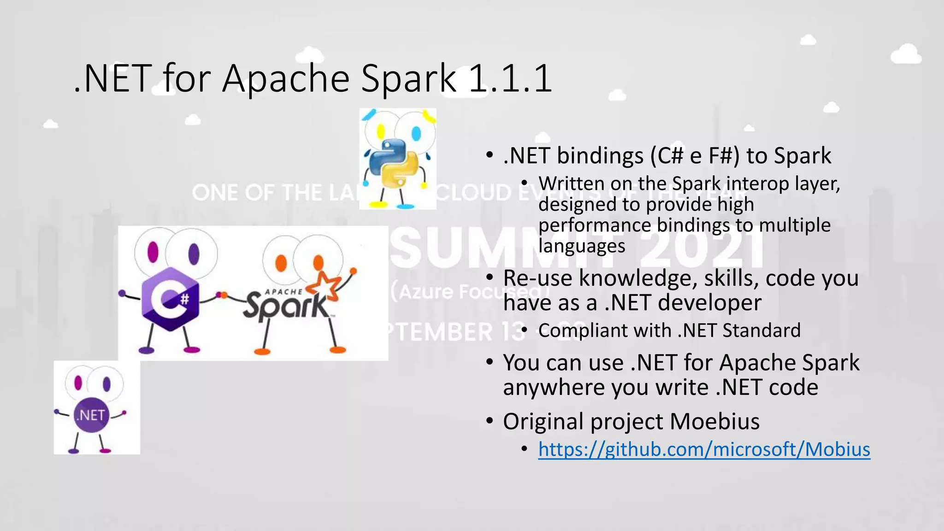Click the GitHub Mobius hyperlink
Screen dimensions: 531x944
coord(704,449)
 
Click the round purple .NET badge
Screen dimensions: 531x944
coord(91,415)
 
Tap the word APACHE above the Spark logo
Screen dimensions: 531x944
coord(284,292)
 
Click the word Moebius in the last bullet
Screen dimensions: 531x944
coord(714,421)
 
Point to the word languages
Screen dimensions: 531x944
coord(582,246)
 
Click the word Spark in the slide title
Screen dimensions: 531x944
coord(408,78)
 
